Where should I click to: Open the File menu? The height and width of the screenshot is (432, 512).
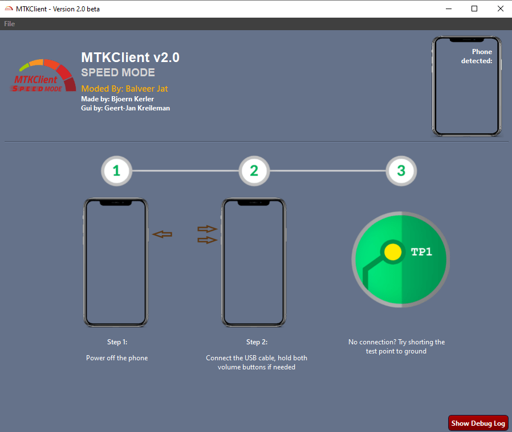(x=9, y=24)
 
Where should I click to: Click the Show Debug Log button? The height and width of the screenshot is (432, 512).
(x=478, y=423)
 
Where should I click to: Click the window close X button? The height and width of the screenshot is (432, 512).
(x=499, y=9)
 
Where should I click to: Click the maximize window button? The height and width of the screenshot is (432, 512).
(x=474, y=9)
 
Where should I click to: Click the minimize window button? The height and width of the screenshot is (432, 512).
(x=448, y=9)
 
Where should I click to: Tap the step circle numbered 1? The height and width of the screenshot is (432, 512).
(x=116, y=170)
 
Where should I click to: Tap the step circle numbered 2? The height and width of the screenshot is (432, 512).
(x=254, y=170)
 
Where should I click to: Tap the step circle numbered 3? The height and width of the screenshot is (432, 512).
(x=401, y=170)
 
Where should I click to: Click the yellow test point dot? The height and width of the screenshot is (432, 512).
(x=392, y=252)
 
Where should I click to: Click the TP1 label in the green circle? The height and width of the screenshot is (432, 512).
(x=421, y=252)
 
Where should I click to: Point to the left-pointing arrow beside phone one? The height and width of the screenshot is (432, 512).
(x=162, y=234)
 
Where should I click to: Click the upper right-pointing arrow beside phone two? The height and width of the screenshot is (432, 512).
(x=208, y=229)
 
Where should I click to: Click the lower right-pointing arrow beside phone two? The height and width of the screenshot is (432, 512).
(x=208, y=240)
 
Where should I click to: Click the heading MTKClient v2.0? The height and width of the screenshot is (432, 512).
(x=131, y=57)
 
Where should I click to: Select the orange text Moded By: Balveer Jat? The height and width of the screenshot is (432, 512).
(x=124, y=89)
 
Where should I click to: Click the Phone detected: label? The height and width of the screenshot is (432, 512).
(x=477, y=56)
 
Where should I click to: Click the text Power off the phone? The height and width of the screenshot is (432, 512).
(x=117, y=358)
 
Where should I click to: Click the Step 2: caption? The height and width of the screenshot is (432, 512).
(x=257, y=342)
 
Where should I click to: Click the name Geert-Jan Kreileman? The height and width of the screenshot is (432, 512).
(x=137, y=108)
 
